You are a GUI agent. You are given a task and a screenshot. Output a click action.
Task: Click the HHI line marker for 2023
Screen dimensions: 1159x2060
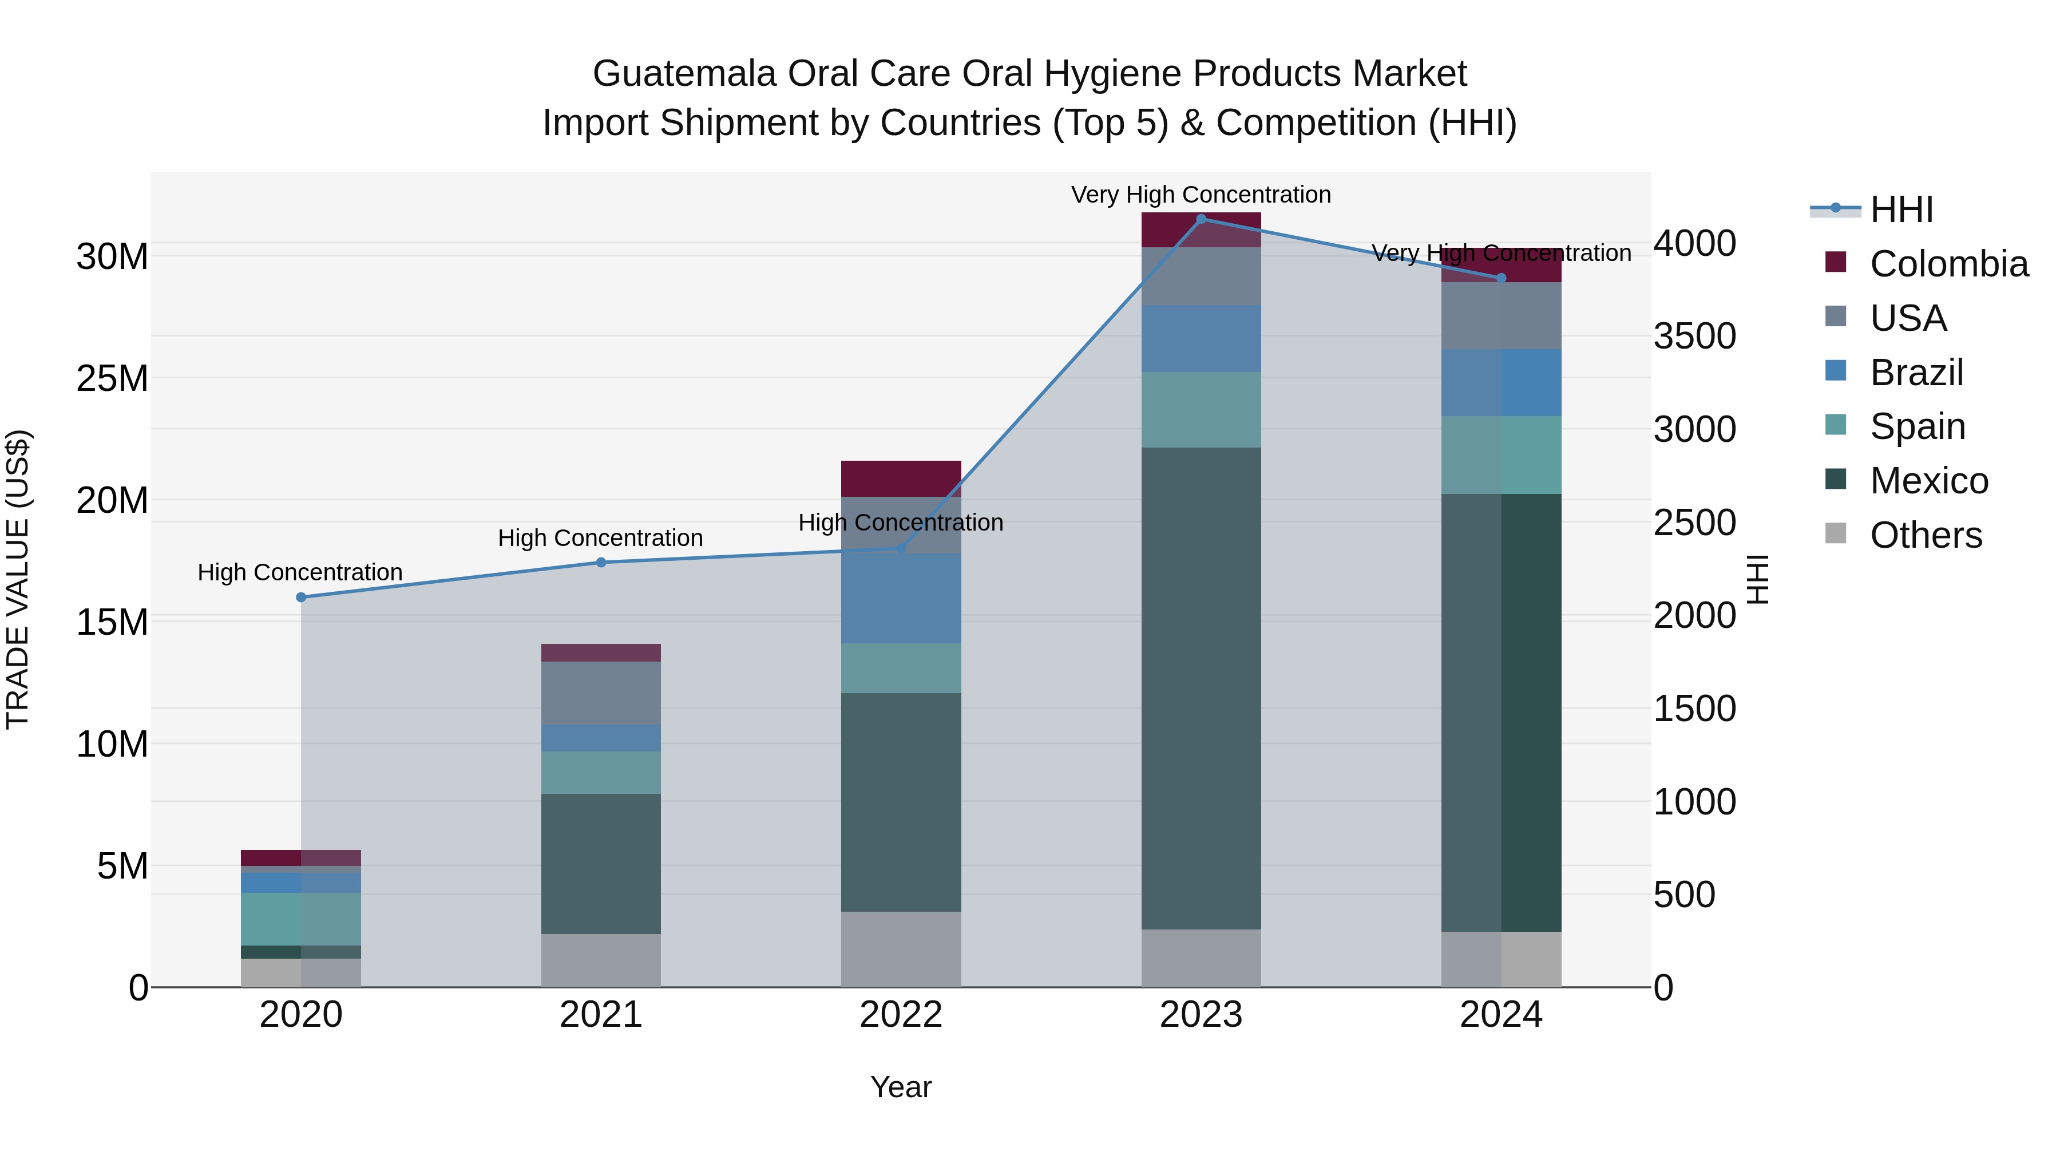(1201, 219)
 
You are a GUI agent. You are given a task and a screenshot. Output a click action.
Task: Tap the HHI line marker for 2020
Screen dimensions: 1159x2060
(300, 598)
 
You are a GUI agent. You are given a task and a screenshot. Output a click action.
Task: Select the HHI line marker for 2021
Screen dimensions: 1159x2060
(601, 562)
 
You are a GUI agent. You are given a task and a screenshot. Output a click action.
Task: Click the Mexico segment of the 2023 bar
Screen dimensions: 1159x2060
(1201, 688)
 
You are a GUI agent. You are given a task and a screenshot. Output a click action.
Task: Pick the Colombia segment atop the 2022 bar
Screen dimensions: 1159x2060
(901, 478)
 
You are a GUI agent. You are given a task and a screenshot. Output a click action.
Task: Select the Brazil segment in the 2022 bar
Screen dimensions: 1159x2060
(901, 598)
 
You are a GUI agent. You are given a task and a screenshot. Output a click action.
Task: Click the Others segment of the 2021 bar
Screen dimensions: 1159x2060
(601, 960)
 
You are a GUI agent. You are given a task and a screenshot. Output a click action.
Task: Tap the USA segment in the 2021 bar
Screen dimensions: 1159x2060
(601, 693)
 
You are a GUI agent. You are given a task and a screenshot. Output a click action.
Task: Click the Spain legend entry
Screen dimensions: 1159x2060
(1917, 426)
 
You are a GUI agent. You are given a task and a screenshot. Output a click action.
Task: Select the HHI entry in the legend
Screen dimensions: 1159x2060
(1901, 209)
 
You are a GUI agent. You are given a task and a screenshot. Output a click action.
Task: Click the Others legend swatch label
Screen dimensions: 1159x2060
(1926, 535)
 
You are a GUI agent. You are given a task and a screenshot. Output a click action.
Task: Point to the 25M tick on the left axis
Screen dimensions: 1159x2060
(112, 378)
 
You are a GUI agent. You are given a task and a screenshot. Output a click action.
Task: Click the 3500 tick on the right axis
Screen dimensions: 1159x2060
(1694, 336)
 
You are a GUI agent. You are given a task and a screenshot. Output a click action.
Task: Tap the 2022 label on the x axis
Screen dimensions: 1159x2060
(901, 1015)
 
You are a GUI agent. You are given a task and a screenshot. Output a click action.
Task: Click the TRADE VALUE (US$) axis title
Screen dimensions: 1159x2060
(18, 579)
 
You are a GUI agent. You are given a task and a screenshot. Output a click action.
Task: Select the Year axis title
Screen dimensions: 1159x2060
(901, 1087)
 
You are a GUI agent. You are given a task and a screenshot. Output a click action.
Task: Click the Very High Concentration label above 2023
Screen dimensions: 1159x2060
(1201, 195)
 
